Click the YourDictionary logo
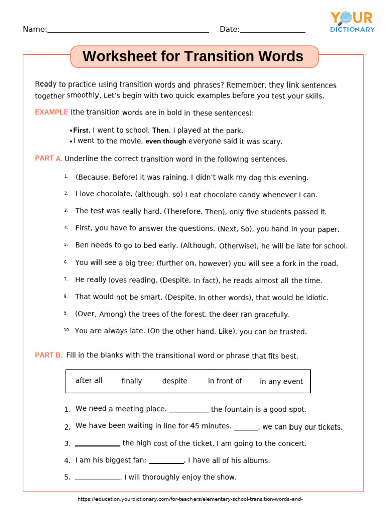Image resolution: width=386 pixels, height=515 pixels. pyautogui.click(x=352, y=22)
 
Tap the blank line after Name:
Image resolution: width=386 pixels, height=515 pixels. pyautogui.click(x=128, y=31)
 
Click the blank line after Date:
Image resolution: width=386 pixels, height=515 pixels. pyautogui.click(x=272, y=31)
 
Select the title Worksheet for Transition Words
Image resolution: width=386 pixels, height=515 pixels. pyautogui.click(x=193, y=57)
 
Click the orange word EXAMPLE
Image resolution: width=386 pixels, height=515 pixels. pyautogui.click(x=51, y=112)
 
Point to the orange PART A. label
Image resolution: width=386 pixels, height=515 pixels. pyautogui.click(x=48, y=158)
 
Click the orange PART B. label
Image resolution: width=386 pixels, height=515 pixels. pyautogui.click(x=48, y=355)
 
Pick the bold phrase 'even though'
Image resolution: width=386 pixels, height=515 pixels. pyautogui.click(x=166, y=142)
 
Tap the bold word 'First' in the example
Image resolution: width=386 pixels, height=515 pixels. pyautogui.click(x=81, y=130)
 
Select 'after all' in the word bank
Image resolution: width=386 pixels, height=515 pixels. pyautogui.click(x=88, y=381)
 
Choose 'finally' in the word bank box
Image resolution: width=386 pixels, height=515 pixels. pyautogui.click(x=132, y=381)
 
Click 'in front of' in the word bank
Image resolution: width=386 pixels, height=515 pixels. pyautogui.click(x=225, y=381)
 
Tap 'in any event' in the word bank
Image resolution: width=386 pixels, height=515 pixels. pyautogui.click(x=281, y=382)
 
